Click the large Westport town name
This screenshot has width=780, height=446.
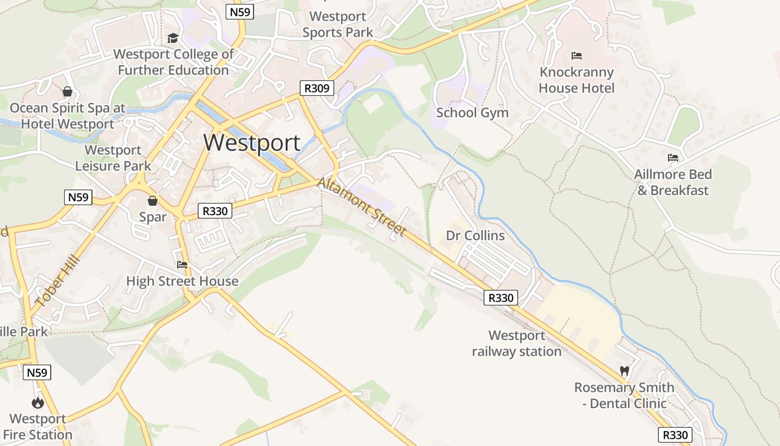(252, 143)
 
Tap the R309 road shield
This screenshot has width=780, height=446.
(317, 88)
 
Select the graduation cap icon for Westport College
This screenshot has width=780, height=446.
(173, 38)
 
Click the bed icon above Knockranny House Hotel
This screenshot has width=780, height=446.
(577, 56)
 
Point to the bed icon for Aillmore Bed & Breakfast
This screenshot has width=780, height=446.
(673, 158)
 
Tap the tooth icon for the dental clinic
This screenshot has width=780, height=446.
(625, 371)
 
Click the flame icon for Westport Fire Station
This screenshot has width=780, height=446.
(38, 402)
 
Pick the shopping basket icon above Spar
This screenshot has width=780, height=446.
(152, 201)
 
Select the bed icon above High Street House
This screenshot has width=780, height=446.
(182, 265)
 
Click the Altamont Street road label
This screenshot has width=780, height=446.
(362, 207)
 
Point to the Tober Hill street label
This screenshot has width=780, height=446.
(57, 282)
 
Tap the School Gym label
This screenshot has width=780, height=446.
(472, 113)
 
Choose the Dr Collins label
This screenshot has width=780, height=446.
(475, 236)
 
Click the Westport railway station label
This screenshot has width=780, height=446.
(516, 343)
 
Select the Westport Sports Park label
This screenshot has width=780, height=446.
(338, 25)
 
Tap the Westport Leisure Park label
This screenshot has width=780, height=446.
(113, 158)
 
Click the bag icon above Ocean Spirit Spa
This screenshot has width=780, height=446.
(67, 91)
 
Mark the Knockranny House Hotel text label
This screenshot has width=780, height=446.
(577, 80)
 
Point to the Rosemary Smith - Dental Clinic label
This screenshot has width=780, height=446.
(624, 395)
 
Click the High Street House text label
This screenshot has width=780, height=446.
(182, 281)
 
